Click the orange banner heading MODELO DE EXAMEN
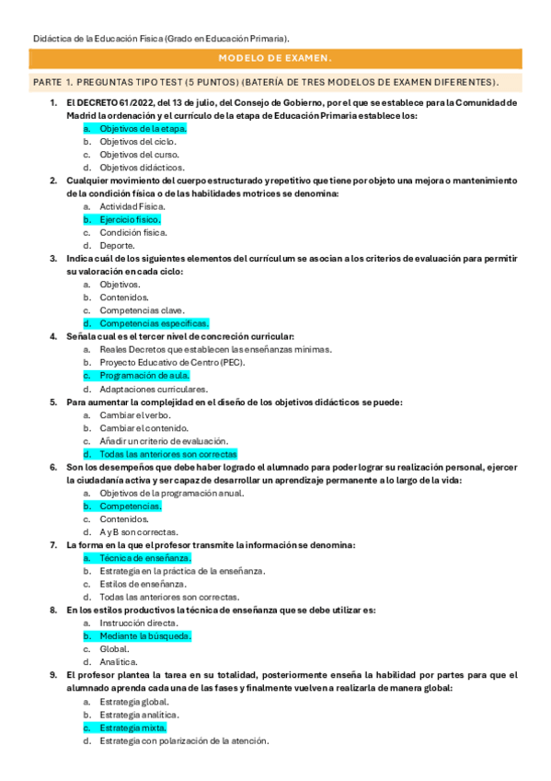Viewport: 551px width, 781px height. pyautogui.click(x=275, y=59)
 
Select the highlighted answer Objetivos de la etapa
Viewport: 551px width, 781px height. pyautogui.click(x=143, y=129)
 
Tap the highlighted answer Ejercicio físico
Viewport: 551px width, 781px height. pyautogui.click(x=130, y=220)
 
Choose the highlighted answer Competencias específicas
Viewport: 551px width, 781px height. pyautogui.click(x=154, y=323)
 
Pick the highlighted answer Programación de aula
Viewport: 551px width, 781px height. pyautogui.click(x=144, y=376)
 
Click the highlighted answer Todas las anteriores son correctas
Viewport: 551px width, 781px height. pyautogui.click(x=167, y=454)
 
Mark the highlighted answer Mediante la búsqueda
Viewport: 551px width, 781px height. pyautogui.click(x=145, y=635)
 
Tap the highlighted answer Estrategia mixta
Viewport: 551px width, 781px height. pyautogui.click(x=132, y=728)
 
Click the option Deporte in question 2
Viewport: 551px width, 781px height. pyautogui.click(x=117, y=246)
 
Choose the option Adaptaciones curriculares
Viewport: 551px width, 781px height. pyautogui.click(x=153, y=389)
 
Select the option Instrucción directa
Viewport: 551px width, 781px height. pyautogui.click(x=138, y=624)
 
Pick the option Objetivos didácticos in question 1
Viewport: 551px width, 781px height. pyautogui.click(x=139, y=168)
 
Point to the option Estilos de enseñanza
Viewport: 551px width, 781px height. pyautogui.click(x=143, y=584)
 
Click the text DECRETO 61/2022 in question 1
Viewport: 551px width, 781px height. pyautogui.click(x=114, y=102)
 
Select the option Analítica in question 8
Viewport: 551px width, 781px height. pyautogui.click(x=119, y=661)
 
